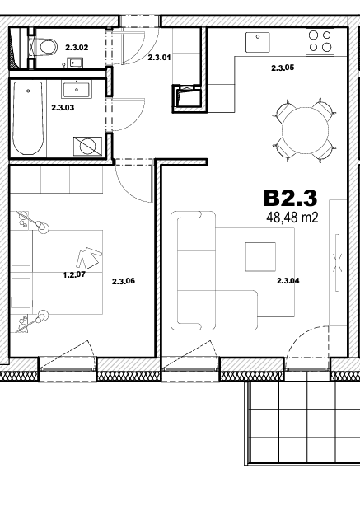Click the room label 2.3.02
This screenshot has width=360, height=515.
[77, 48]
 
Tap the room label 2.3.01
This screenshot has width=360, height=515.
[159, 58]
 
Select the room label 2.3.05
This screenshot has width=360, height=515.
[283, 68]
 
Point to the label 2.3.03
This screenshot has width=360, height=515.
[63, 108]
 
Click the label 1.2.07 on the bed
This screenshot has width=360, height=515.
[74, 274]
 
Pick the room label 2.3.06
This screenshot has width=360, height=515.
[124, 281]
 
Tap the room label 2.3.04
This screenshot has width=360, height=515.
[288, 281]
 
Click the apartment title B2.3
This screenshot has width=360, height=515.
[291, 198]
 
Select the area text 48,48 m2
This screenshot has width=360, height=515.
[292, 218]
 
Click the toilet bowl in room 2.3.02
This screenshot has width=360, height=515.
[48, 47]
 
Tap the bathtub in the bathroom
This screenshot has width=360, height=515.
[28, 118]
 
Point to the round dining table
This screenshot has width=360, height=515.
[305, 129]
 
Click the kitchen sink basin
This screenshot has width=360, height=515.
[258, 42]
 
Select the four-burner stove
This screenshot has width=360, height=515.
[320, 42]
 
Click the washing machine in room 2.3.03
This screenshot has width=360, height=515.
[87, 146]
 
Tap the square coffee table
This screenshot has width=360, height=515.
[260, 257]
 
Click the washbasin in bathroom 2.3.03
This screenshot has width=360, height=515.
[77, 90]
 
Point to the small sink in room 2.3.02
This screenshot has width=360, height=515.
[75, 62]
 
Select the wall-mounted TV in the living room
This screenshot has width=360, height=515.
[337, 262]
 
